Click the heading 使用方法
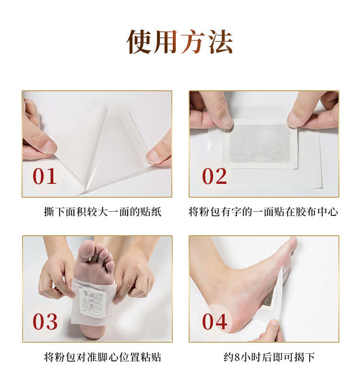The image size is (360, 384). coord(180,42)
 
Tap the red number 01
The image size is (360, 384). coord(45,176)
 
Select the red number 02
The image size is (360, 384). coord(214,176)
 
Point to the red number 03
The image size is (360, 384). coord(45,321)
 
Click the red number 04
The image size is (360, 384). coord(215,321)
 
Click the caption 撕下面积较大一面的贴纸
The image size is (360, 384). coord(103,212)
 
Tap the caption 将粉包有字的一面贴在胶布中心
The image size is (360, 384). coord(263,212)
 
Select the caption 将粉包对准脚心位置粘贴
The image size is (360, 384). coord(103,357)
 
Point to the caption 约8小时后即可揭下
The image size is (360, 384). coord(269,357)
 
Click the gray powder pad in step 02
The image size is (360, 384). coord(260,143)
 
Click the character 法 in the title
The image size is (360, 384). coord(220,42)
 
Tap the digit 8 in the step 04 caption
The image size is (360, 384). coord(237,357)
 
